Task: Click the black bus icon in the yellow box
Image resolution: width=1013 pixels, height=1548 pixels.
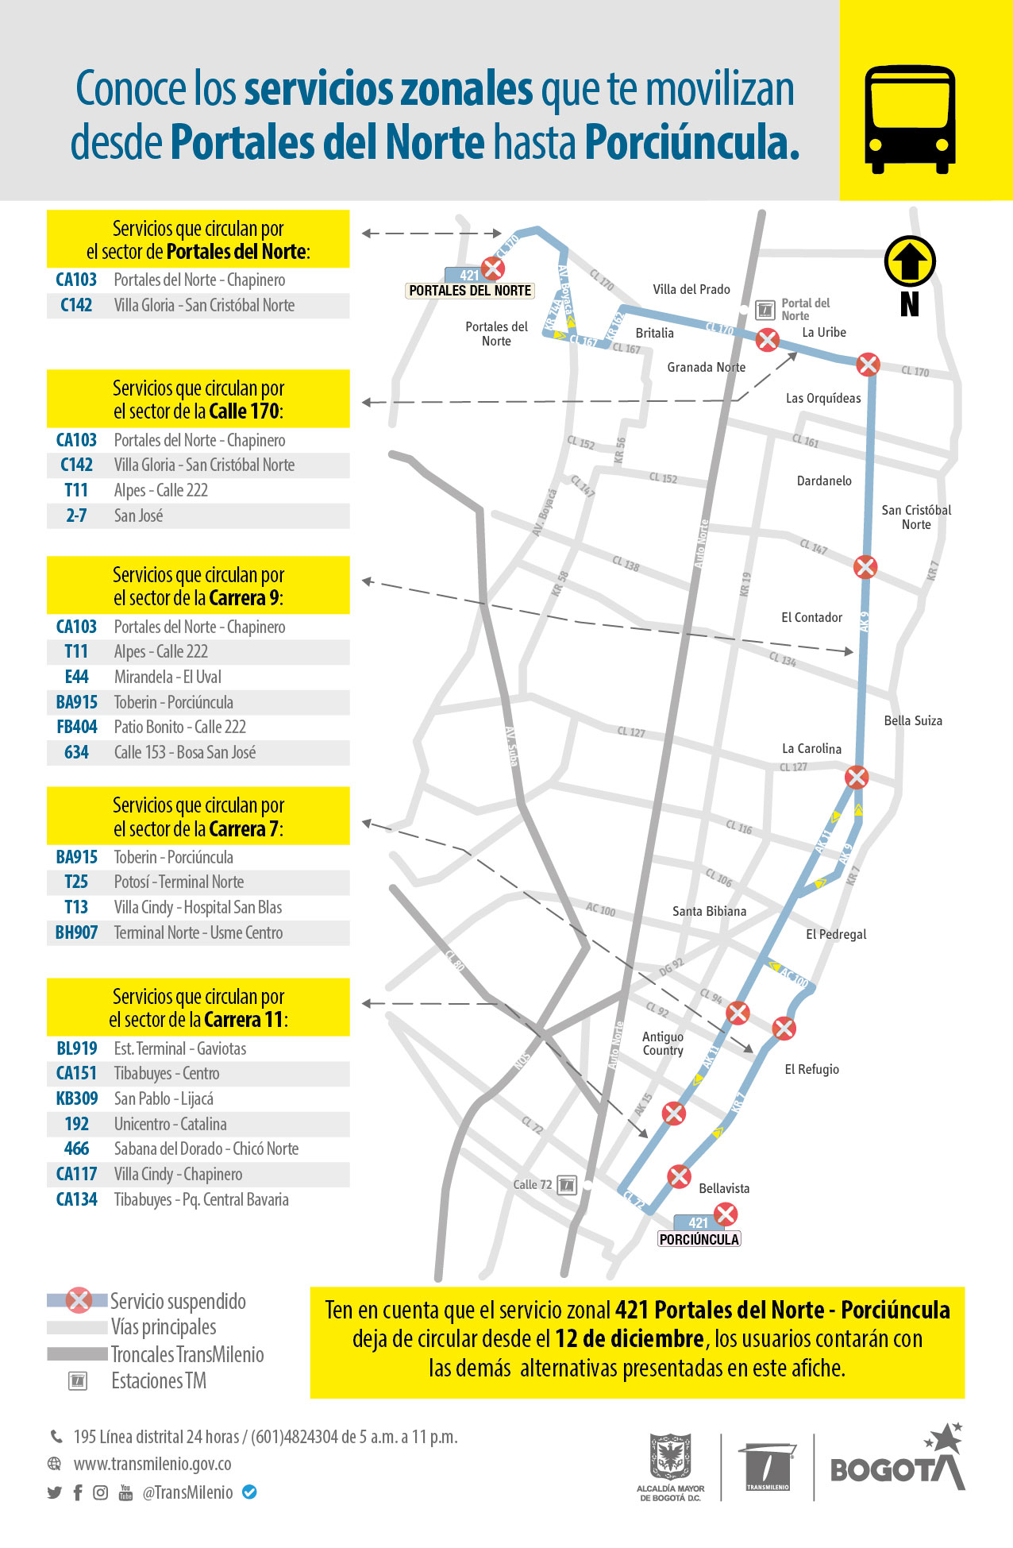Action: pyautogui.click(x=909, y=119)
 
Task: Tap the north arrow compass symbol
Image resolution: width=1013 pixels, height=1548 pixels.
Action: pyautogui.click(x=910, y=261)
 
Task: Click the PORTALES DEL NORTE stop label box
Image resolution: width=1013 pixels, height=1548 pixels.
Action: pyautogui.click(x=470, y=291)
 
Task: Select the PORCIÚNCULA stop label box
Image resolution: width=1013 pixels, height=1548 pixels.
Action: pyautogui.click(x=699, y=1239)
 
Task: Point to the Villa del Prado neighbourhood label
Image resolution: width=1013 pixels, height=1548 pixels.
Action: pyautogui.click(x=691, y=290)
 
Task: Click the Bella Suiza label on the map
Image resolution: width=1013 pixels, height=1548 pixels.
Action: pyautogui.click(x=913, y=721)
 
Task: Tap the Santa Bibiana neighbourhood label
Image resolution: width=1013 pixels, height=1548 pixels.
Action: pyautogui.click(x=709, y=912)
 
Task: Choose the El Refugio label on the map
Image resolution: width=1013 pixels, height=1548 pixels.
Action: pyautogui.click(x=811, y=1070)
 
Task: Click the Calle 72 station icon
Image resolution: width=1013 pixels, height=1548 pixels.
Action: pyautogui.click(x=567, y=1185)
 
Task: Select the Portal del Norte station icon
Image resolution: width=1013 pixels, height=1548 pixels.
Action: pyautogui.click(x=765, y=310)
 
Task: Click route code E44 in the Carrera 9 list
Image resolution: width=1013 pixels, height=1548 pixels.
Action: pyautogui.click(x=76, y=677)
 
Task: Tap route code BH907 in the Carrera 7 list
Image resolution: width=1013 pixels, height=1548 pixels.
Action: pyautogui.click(x=76, y=933)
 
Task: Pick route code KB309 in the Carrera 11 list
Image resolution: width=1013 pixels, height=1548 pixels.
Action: pyautogui.click(x=77, y=1099)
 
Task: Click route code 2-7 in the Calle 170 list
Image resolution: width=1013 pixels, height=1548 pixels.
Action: pyautogui.click(x=76, y=516)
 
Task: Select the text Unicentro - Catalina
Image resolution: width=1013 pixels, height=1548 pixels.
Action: pyautogui.click(x=170, y=1125)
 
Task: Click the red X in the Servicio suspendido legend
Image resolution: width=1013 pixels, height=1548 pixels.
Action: pyautogui.click(x=79, y=1300)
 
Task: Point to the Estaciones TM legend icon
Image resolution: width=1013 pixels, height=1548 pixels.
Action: pyautogui.click(x=78, y=1380)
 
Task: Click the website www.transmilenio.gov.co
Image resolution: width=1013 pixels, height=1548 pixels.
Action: pyautogui.click(x=152, y=1464)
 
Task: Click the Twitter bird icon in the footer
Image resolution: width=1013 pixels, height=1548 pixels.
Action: pyautogui.click(x=54, y=1492)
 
